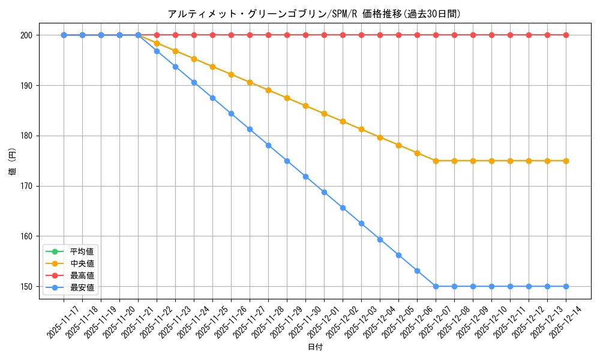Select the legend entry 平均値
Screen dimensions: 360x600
(x=82, y=251)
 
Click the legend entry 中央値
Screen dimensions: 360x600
(x=82, y=263)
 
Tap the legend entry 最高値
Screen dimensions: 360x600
(x=82, y=275)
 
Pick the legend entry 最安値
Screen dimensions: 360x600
(x=82, y=288)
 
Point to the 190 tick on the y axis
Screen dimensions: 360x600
(x=28, y=86)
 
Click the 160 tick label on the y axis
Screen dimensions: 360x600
(x=28, y=236)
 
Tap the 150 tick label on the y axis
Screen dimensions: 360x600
(x=28, y=287)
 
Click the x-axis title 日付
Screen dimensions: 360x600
(x=315, y=347)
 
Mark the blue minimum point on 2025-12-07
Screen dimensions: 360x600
(x=436, y=286)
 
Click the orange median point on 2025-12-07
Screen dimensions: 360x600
(x=436, y=161)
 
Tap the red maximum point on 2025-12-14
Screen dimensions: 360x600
(x=566, y=35)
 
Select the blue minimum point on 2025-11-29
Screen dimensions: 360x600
(x=287, y=161)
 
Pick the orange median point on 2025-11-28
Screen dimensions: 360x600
(x=268, y=90)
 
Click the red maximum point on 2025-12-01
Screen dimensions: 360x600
(x=324, y=35)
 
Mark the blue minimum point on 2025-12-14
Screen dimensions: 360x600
(x=566, y=286)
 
